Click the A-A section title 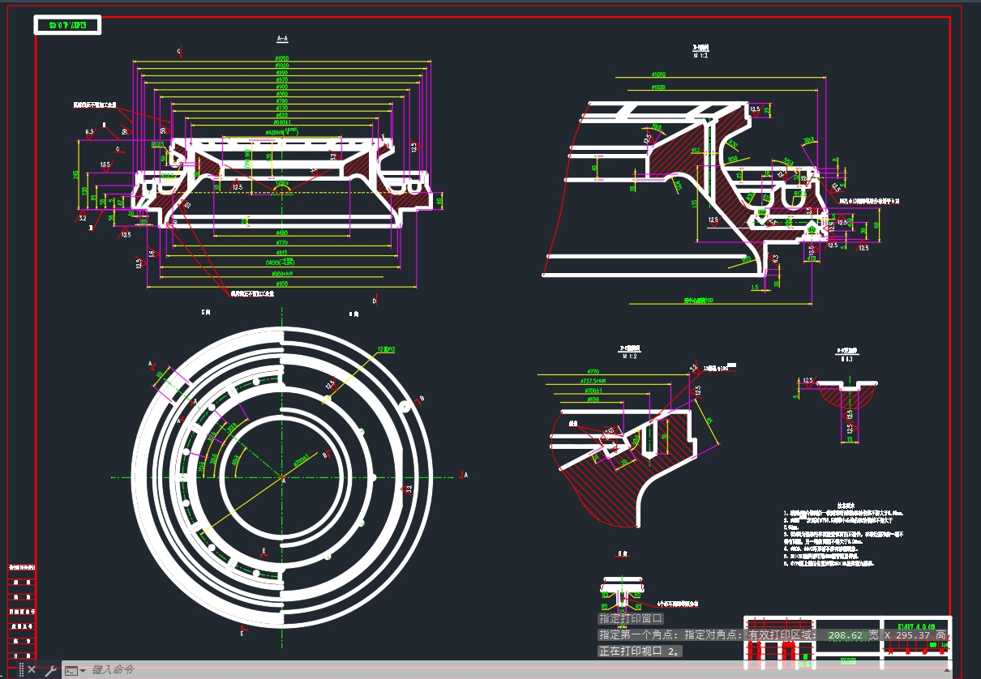click(x=282, y=39)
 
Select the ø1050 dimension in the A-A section click(x=282, y=58)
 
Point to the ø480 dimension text click(x=282, y=233)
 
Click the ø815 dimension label click(x=282, y=252)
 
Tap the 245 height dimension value click(x=76, y=174)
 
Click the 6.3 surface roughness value click(x=89, y=130)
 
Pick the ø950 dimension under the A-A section click(x=282, y=284)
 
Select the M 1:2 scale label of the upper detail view click(x=700, y=56)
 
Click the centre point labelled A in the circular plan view click(x=283, y=480)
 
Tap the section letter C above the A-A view click(x=178, y=51)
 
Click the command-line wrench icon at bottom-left click(x=49, y=670)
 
